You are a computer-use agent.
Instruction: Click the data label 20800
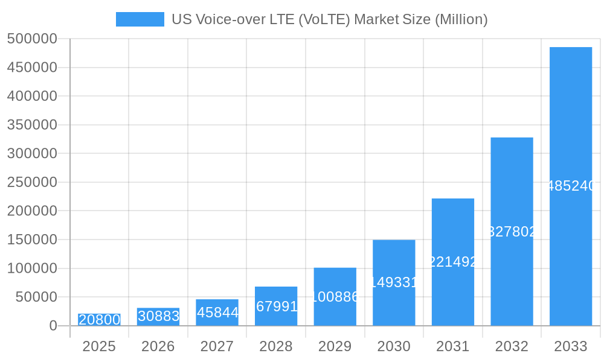pos(100,320)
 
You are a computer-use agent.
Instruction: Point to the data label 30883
pos(158,316)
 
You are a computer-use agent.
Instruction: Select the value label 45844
pos(217,313)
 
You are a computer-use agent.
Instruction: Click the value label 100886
pos(335,297)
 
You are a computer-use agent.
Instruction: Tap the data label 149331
pos(394,282)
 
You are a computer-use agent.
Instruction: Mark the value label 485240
pos(571,186)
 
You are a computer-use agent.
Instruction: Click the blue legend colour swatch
pos(140,19)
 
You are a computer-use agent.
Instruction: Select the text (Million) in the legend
pos(461,19)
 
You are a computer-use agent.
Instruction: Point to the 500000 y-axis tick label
pos(32,39)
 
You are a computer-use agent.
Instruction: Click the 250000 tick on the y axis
pos(32,182)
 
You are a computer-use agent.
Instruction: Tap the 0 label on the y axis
pos(53,326)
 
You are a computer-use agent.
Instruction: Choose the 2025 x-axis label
pos(99,346)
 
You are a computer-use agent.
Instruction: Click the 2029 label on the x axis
pos(335,346)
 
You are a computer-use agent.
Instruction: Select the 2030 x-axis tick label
pos(394,346)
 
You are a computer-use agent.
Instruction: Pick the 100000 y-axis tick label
pos(32,268)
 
